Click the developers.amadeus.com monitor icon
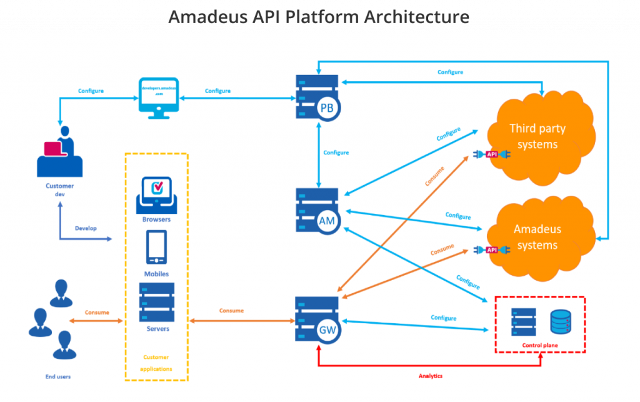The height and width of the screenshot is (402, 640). (158, 98)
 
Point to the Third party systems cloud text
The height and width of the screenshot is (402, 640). (537, 136)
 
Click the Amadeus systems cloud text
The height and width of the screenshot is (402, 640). (537, 237)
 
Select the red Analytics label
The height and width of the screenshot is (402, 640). (430, 376)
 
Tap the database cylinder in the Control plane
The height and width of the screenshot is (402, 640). (560, 322)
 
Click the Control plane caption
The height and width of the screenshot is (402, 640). (540, 345)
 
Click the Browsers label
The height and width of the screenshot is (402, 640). (156, 219)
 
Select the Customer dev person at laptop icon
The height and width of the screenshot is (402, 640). (60, 153)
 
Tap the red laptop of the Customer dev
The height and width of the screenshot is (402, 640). (52, 149)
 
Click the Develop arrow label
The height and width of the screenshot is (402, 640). (86, 228)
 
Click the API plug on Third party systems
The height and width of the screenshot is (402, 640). (492, 154)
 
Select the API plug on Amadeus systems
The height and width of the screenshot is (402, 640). (492, 250)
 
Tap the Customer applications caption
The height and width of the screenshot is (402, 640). (156, 363)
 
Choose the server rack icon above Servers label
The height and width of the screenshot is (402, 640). (156, 302)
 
